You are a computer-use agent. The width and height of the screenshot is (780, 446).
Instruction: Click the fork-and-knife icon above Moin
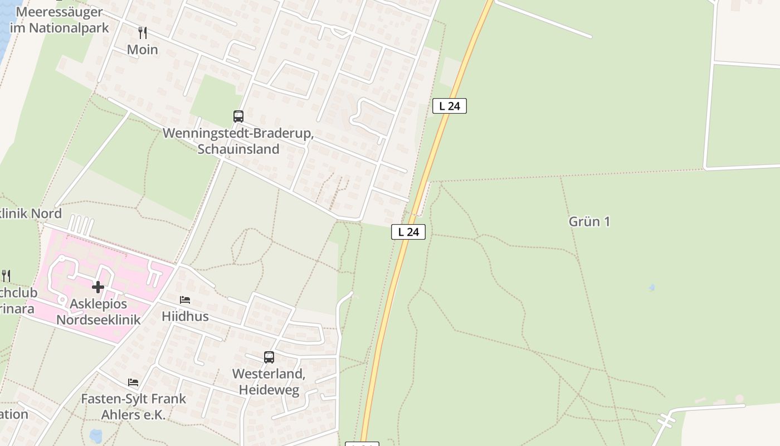143,33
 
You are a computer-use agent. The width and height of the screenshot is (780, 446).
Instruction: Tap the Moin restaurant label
143,50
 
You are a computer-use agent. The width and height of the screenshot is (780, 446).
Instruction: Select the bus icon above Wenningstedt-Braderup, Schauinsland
238,117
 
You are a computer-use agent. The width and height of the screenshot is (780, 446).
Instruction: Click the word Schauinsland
238,149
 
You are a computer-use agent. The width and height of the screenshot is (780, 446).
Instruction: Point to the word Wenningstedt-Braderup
238,134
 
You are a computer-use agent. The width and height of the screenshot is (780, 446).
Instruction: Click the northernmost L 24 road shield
449,106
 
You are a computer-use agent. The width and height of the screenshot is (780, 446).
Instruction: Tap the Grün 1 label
589,221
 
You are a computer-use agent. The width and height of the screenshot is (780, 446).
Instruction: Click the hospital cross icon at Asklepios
98,287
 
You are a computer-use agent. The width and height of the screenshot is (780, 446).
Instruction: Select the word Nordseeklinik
99,319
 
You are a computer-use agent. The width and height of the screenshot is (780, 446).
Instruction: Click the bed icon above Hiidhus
185,300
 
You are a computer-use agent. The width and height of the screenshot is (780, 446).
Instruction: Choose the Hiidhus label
185,316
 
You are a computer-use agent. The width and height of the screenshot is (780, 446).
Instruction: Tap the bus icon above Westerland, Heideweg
269,357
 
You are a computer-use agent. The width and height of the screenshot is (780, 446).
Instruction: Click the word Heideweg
269,390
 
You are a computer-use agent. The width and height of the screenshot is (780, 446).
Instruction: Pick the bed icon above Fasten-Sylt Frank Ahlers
133,382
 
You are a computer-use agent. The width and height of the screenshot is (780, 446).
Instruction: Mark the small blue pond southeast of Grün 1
651,288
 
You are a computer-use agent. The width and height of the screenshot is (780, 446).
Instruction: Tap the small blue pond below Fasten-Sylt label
96,435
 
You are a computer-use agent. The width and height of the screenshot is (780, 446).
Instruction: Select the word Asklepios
99,304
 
